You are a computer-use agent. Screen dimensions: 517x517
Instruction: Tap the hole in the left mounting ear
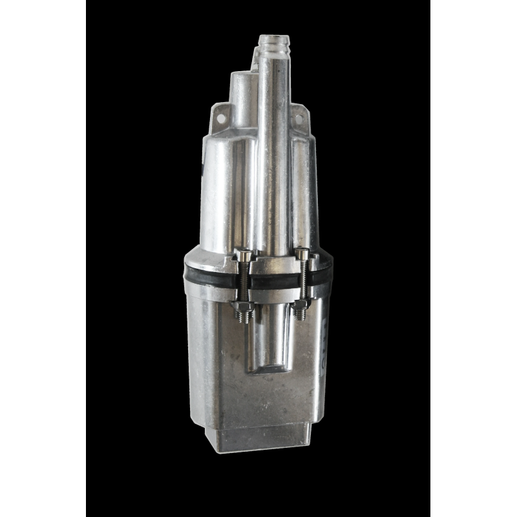pyautogui.click(x=220, y=119)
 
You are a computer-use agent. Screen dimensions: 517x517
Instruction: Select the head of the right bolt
pyautogui.click(x=302, y=254)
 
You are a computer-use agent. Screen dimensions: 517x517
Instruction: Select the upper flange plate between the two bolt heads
pyautogui.click(x=271, y=262)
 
